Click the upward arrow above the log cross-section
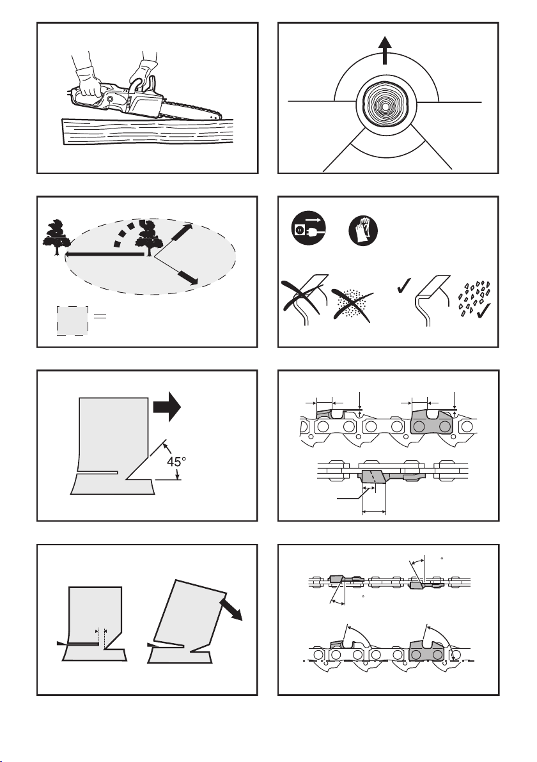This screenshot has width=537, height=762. pos(385,50)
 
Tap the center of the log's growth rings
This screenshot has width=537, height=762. pos(385,105)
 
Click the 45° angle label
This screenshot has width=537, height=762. pos(177,461)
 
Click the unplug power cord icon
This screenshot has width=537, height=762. pos(308,228)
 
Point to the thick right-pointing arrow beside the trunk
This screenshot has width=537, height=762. pos(167,407)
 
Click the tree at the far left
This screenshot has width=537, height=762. pos(56,237)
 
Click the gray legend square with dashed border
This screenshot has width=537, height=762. pos(72,321)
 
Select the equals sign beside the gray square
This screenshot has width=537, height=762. pos(100,316)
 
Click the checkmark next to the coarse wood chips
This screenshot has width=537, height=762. pos(484,310)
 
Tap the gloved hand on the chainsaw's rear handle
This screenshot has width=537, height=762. pos(89,84)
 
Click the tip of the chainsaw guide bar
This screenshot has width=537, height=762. pos(222,116)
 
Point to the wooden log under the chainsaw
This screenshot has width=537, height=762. pos(147,131)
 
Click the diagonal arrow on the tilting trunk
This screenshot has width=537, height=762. pos(231,609)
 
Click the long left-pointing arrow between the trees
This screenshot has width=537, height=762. pos(105,254)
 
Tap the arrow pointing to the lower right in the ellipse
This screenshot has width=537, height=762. pos(188,277)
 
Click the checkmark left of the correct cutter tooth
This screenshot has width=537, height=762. pos(404,285)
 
